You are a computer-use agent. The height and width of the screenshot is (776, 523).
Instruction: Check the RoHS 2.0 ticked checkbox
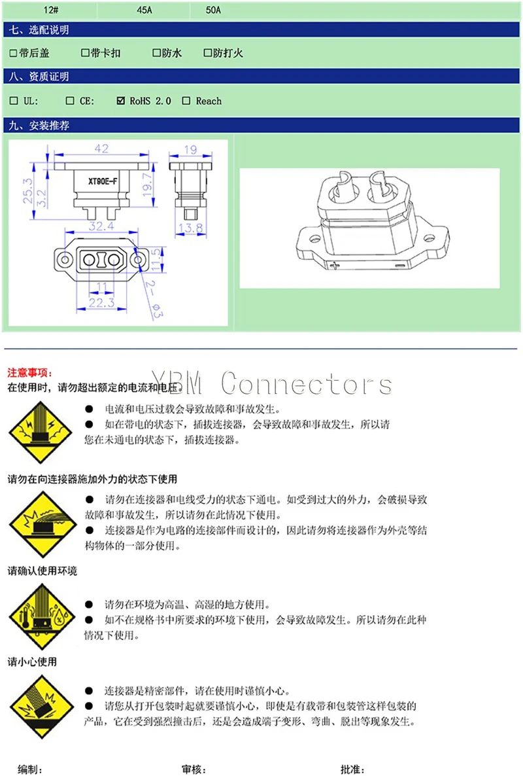point(120,101)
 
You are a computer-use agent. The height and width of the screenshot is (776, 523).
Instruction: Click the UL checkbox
point(14,101)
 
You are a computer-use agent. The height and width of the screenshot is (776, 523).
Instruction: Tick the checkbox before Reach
point(186,101)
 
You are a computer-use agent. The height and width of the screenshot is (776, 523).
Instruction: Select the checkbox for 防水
point(157,53)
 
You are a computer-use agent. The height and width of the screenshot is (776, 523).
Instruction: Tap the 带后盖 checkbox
point(14,53)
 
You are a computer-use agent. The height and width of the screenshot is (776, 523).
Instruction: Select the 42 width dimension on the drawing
point(101,149)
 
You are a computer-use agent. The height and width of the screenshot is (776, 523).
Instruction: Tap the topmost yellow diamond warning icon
point(33,432)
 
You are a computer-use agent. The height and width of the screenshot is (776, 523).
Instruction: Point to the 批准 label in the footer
point(352,769)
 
